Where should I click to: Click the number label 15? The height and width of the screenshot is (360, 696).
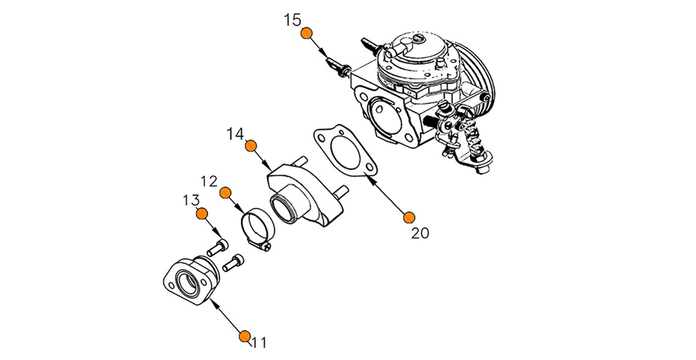coord(292,20)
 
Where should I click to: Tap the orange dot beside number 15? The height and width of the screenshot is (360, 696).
coord(307,33)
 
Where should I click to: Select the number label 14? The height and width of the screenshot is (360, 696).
coord(236,133)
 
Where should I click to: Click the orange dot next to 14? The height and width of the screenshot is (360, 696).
coord(251,146)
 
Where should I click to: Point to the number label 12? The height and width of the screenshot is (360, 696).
coord(209,180)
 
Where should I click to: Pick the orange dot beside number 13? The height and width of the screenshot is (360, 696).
coord(202,214)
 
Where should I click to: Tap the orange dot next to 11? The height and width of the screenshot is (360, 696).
coord(244,336)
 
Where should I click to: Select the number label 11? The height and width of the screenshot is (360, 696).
coord(259,343)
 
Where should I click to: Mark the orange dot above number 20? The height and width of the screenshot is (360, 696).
coord(409,217)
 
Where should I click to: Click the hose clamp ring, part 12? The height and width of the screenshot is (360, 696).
coord(256,223)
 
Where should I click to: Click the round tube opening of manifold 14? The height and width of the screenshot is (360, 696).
coord(284,208)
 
